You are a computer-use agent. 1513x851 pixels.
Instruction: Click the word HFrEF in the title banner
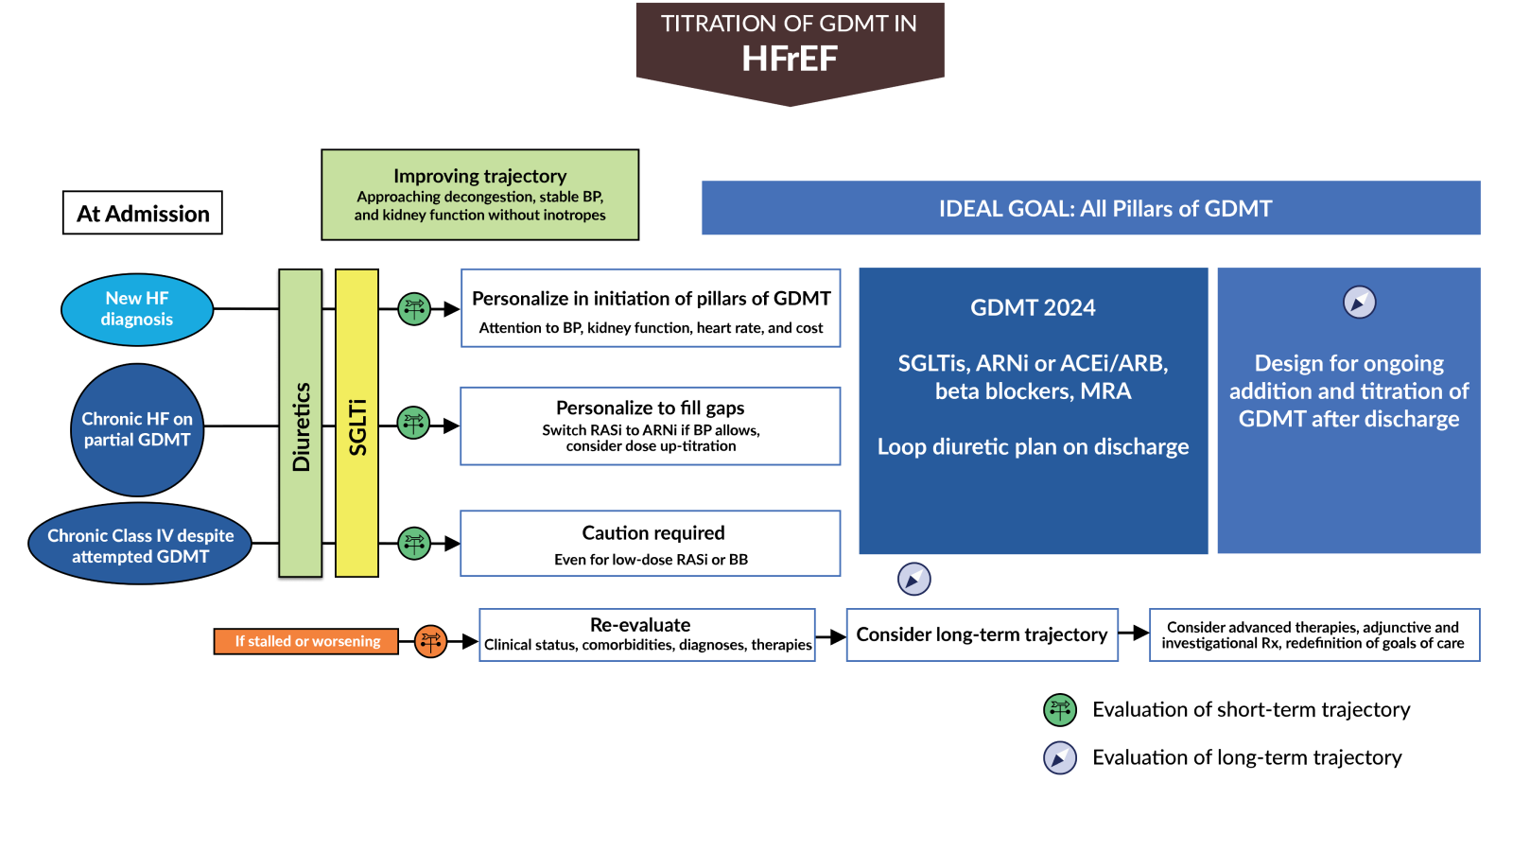790,59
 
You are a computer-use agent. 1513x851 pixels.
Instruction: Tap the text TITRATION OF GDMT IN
789,24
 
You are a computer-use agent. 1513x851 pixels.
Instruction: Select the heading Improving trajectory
479,176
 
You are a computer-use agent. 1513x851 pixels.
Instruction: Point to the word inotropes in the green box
574,216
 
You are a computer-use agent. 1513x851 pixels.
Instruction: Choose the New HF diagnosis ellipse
137,309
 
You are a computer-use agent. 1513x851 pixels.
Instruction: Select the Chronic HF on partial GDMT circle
137,429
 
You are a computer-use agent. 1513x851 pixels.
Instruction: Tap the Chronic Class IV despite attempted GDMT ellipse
140,546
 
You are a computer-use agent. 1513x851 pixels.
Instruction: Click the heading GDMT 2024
1033,307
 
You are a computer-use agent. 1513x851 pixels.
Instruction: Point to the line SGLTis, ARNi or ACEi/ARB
1033,363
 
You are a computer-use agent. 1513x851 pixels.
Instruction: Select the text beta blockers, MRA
1033,391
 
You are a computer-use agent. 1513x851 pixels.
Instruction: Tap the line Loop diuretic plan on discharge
1033,446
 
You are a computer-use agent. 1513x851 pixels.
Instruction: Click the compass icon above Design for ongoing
1359,303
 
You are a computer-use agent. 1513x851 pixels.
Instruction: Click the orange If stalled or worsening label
306,641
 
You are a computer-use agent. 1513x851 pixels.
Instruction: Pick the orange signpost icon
430,641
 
